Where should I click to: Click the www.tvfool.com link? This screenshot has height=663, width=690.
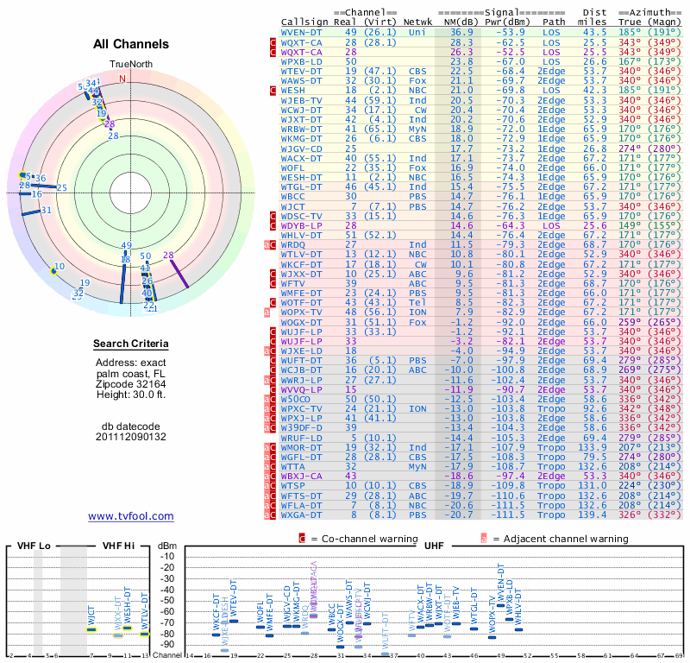pyautogui.click(x=131, y=516)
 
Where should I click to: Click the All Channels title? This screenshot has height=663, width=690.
pyautogui.click(x=131, y=44)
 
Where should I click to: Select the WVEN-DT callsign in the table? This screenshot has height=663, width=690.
pyautogui.click(x=302, y=31)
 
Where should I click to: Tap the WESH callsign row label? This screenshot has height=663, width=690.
pyautogui.click(x=293, y=90)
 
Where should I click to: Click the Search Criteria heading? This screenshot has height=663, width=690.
pyautogui.click(x=131, y=344)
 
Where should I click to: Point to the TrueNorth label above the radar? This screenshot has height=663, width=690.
pyautogui.click(x=129, y=64)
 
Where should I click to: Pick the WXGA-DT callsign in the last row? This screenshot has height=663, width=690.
pyautogui.click(x=302, y=515)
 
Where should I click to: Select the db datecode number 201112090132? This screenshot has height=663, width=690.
pyautogui.click(x=131, y=437)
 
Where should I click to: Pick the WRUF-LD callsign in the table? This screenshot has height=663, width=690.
pyautogui.click(x=302, y=437)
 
